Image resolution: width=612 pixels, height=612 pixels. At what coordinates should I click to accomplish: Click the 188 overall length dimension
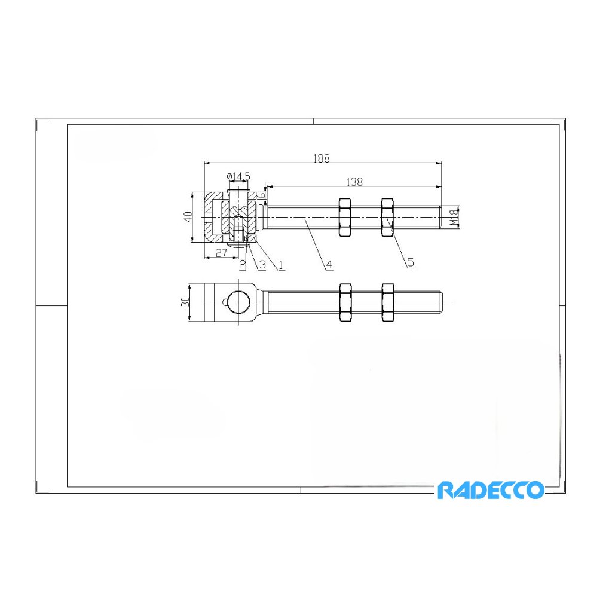click(322, 158)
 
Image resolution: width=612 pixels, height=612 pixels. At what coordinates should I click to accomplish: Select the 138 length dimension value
click(354, 182)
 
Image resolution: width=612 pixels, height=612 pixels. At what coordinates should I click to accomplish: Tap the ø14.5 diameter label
click(238, 176)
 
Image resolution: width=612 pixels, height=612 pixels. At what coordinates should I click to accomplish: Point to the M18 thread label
click(454, 217)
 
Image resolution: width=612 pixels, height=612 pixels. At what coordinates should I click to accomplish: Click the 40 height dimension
click(188, 216)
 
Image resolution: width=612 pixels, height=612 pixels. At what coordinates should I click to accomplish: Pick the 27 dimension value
click(221, 253)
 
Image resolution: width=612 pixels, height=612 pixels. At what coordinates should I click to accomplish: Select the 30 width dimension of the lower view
click(185, 302)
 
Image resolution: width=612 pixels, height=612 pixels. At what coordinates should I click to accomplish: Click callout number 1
click(281, 265)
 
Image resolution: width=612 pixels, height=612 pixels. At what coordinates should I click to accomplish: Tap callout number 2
click(243, 265)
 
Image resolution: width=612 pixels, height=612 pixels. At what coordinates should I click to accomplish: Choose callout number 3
click(262, 265)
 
